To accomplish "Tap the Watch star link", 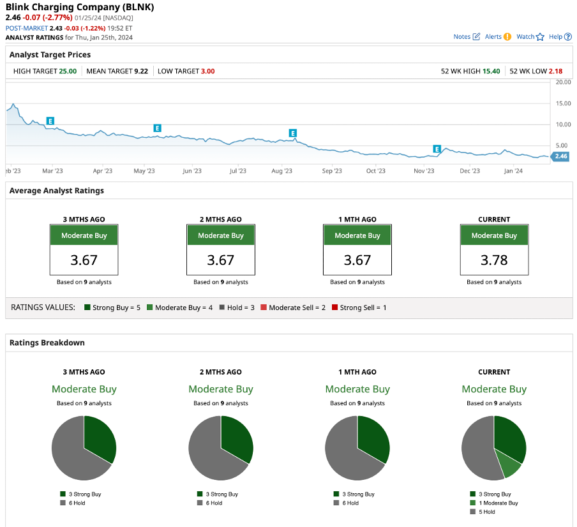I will pyautogui.click(x=530, y=37).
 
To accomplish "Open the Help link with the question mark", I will pyautogui.click(x=560, y=37).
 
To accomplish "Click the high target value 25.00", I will pyautogui.click(x=68, y=71).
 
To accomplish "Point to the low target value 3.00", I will pyautogui.click(x=207, y=71).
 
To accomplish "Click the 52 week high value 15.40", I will pyautogui.click(x=491, y=71).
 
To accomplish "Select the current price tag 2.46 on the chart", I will pyautogui.click(x=560, y=156).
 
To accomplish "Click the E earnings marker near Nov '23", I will pyautogui.click(x=437, y=149).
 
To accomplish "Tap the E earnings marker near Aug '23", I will pyautogui.click(x=293, y=133).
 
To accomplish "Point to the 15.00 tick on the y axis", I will pyautogui.click(x=563, y=103).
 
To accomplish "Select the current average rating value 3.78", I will pyautogui.click(x=493, y=260).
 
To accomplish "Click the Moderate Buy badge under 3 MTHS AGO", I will pyautogui.click(x=84, y=235).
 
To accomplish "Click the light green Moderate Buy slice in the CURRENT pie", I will pyautogui.click(x=511, y=466).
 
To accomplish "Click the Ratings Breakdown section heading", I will pyautogui.click(x=47, y=343).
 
